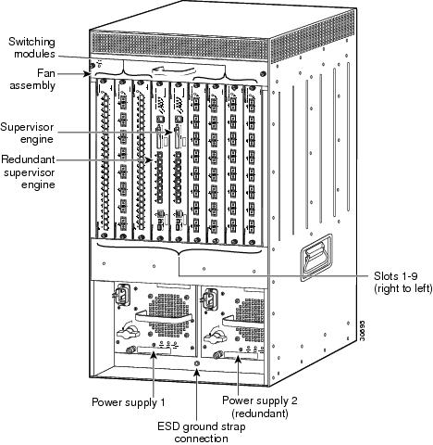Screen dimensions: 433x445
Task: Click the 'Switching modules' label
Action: (31, 48)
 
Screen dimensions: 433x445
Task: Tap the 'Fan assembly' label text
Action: (32, 79)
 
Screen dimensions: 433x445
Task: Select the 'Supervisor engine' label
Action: (27, 133)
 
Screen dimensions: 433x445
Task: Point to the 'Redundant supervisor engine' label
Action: (28, 172)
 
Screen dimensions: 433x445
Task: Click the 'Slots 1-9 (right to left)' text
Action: (402, 282)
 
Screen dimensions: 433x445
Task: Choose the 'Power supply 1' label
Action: (129, 402)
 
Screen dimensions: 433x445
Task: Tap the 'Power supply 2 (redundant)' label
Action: (260, 406)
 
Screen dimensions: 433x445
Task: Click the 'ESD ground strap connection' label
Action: (202, 432)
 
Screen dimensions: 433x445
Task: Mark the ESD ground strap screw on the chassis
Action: (197, 362)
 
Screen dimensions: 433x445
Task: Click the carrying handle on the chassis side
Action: (316, 258)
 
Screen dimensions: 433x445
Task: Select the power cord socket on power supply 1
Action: (121, 295)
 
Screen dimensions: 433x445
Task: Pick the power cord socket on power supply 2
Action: (208, 299)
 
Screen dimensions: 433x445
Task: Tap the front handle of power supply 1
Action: (163, 318)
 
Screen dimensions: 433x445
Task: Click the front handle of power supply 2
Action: (243, 322)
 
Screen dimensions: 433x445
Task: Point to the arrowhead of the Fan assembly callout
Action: (87, 74)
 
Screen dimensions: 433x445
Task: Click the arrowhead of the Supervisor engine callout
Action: (169, 132)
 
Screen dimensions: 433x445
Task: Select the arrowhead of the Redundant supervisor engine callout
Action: (149, 160)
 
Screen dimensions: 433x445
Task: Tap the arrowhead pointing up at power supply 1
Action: (154, 356)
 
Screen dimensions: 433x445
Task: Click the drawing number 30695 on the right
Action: (363, 330)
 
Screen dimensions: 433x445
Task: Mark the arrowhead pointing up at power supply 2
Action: (238, 360)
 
